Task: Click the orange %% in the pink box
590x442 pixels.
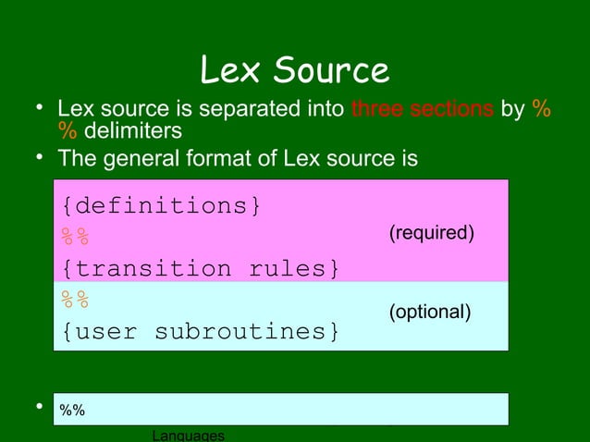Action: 75,237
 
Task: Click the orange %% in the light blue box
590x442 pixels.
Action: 75,300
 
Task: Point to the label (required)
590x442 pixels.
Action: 432,232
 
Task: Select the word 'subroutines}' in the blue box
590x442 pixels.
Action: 247,331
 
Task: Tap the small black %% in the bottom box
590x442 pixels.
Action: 72,411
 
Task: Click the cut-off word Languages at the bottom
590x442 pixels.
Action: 188,435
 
